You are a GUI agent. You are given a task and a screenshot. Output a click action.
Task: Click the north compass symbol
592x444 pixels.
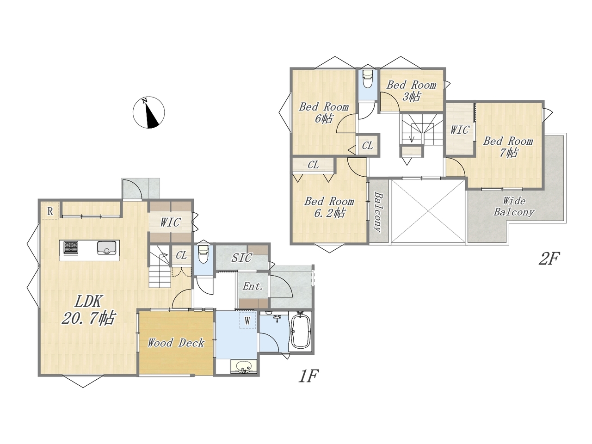(148, 112)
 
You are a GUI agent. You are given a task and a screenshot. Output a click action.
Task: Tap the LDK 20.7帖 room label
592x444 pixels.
(88, 309)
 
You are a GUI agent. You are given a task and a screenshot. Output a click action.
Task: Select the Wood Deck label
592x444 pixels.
(176, 343)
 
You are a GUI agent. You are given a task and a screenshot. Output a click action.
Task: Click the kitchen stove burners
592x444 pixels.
(71, 247)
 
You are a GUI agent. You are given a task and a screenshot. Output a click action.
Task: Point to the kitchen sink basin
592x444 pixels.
(107, 247)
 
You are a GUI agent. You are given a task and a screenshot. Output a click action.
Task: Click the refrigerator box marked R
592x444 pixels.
(50, 211)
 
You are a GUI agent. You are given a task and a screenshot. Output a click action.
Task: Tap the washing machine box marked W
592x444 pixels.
(247, 321)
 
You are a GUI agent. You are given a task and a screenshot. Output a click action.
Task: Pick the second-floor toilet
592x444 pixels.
(368, 79)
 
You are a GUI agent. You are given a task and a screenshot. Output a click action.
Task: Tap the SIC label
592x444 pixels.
(241, 258)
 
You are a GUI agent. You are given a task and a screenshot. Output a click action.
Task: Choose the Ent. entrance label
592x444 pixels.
(253, 286)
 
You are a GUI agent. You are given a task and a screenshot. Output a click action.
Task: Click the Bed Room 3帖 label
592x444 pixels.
(411, 91)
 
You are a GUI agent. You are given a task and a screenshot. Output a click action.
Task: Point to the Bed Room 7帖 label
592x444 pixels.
(508, 147)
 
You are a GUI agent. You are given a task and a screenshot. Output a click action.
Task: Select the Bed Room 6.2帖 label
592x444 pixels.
(329, 207)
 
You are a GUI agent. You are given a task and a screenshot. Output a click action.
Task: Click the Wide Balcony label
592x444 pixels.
(514, 206)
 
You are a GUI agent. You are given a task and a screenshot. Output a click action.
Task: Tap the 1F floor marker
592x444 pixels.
(308, 376)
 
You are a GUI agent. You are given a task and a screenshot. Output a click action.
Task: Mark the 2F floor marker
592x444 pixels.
(549, 258)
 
